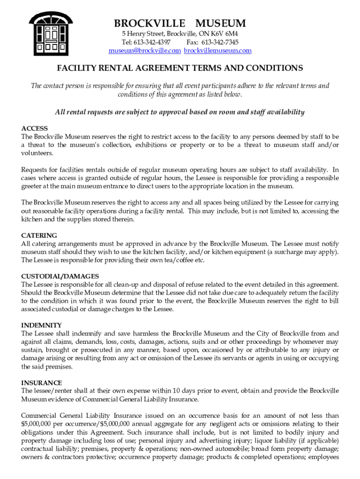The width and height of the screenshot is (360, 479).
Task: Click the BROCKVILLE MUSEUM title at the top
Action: coord(180,23)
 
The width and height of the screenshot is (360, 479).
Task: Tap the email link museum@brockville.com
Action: coord(144,51)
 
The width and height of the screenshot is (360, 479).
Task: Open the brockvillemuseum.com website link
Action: coord(217,51)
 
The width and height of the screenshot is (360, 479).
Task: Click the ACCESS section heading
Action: coord(35,129)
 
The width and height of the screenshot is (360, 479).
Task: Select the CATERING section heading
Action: coord(39,235)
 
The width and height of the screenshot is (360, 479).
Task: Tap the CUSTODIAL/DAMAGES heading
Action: coord(60,276)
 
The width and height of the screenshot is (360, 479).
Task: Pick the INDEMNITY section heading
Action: coord(42,325)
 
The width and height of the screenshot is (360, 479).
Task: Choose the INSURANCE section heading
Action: coord(42,383)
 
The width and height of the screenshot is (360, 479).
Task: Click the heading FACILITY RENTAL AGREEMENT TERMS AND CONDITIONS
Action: coord(180,68)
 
